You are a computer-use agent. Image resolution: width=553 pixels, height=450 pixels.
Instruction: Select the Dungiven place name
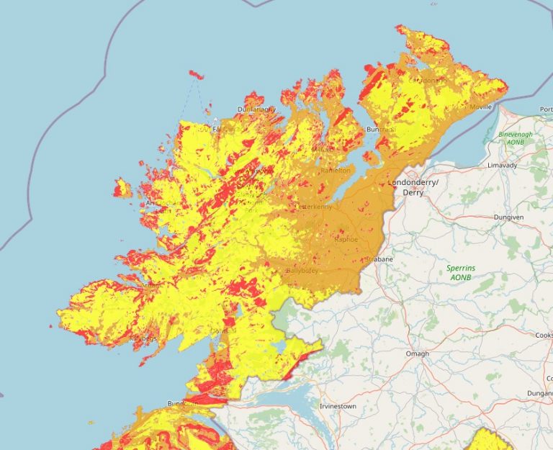click(508, 217)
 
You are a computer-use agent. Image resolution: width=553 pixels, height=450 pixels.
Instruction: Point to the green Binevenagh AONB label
click(516, 138)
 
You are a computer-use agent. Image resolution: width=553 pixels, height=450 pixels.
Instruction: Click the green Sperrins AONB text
click(461, 272)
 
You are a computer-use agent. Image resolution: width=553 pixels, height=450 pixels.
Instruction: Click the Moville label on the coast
click(480, 107)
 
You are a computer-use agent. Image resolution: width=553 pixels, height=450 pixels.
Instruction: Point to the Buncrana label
click(381, 130)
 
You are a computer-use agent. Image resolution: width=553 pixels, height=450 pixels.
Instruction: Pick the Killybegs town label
click(141, 337)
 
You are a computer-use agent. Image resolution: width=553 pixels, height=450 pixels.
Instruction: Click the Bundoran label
click(180, 403)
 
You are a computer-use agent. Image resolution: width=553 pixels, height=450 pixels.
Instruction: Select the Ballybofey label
click(301, 270)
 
